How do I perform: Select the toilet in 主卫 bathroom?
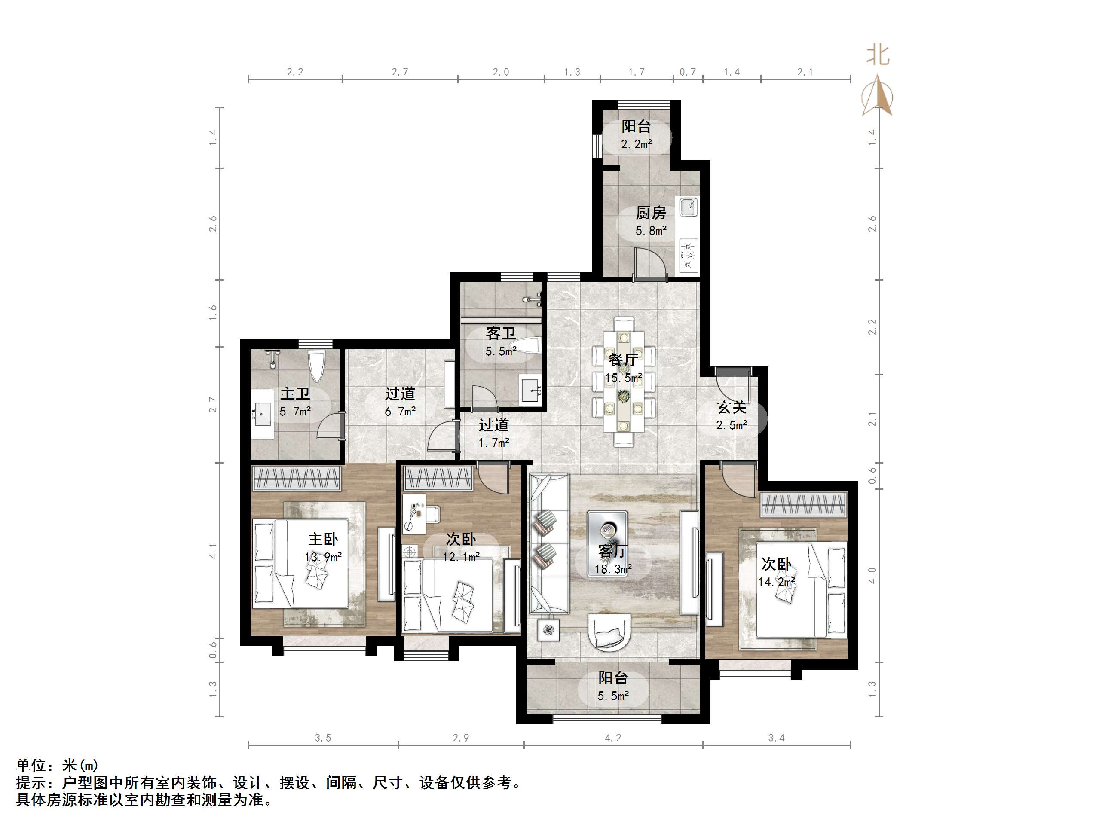316,366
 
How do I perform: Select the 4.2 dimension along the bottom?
612,738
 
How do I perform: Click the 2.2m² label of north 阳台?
636,144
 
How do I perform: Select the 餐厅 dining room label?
623,360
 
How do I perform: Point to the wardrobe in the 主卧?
297,478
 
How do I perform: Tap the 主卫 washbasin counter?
262,414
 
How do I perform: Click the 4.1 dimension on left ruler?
213,551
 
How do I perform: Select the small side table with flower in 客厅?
548,630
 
